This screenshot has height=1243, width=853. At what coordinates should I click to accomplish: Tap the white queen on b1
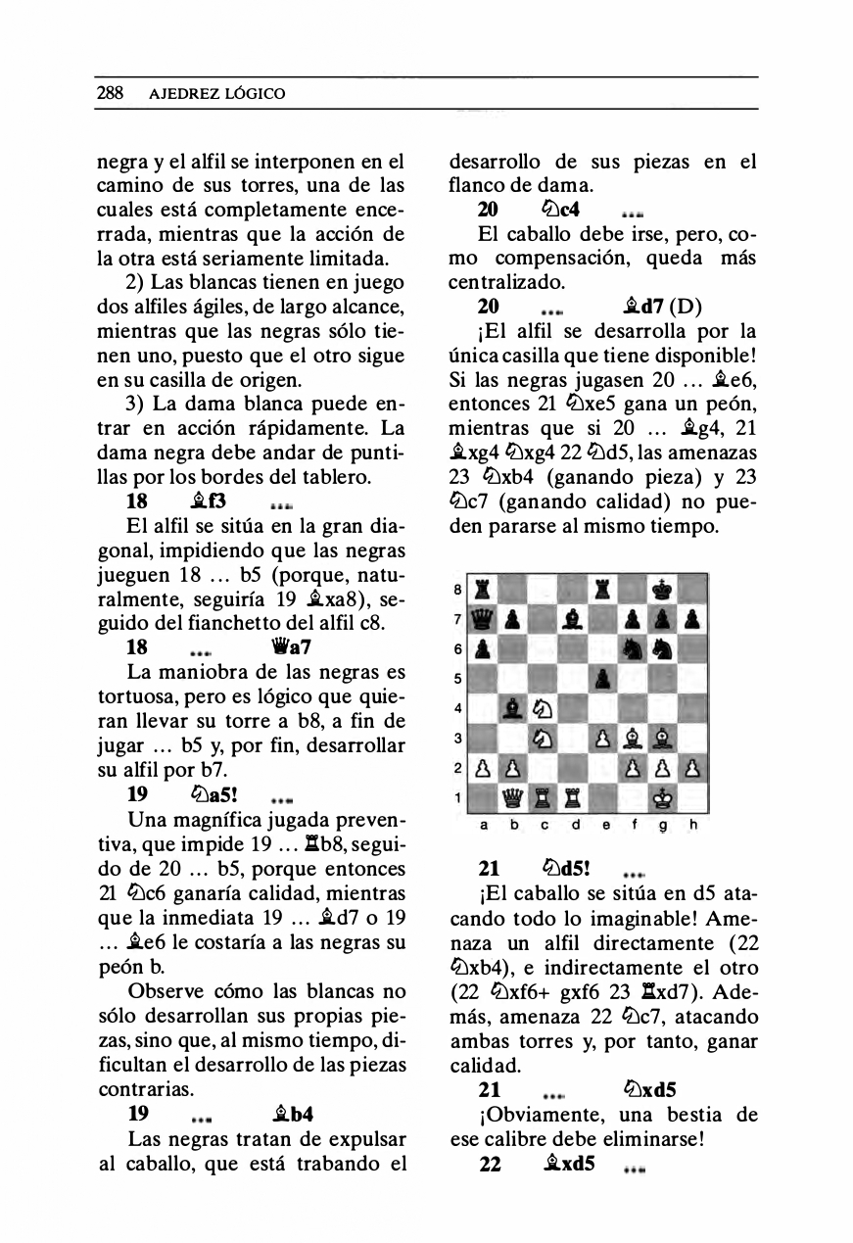tap(514, 799)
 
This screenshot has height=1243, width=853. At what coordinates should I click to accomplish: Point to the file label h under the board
tap(693, 825)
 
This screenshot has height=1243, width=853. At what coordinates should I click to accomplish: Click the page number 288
tap(109, 94)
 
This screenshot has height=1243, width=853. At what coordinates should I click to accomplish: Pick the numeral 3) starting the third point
tap(139, 402)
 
